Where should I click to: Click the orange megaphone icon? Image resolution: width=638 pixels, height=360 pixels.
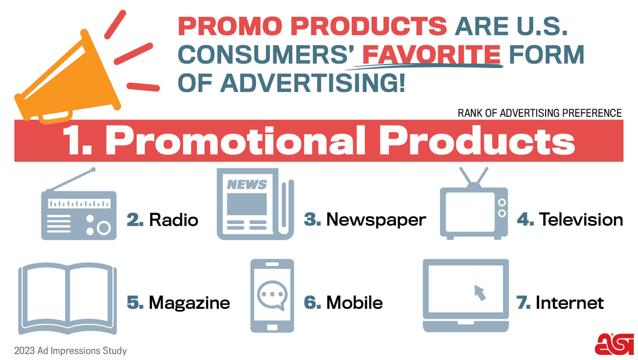[68, 78]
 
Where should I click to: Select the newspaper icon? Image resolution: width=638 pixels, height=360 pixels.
[255, 204]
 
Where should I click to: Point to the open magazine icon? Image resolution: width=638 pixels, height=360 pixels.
[68, 298]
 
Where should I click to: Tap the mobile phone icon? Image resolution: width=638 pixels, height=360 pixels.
[272, 296]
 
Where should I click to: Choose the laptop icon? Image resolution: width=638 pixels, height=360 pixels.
[466, 295]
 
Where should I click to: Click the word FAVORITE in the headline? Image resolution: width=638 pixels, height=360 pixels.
[431, 55]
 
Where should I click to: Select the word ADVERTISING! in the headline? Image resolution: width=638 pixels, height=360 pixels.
[313, 83]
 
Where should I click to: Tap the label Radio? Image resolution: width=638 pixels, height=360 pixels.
[173, 220]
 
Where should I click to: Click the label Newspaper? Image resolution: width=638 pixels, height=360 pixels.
[376, 220]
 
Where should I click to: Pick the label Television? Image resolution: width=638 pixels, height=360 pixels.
[581, 220]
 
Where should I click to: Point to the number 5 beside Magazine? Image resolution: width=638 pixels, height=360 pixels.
[135, 303]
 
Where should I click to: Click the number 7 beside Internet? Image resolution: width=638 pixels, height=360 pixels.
[523, 303]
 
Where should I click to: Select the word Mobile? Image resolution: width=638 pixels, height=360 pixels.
[354, 303]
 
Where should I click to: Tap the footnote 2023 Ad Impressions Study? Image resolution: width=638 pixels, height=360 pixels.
[70, 351]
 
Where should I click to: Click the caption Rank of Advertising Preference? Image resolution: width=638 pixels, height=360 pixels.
[539, 113]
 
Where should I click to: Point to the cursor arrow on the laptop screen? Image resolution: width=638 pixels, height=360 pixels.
[480, 292]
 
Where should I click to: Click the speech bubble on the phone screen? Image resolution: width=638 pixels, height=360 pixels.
[272, 295]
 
